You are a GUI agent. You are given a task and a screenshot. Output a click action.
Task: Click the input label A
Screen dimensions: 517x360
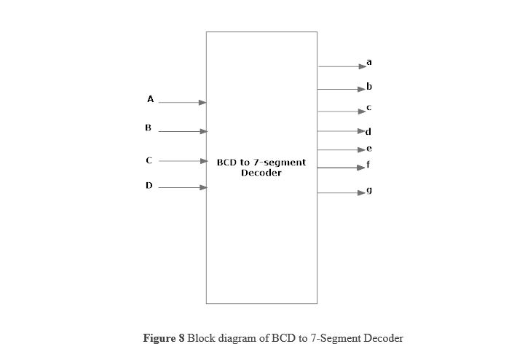point(150,99)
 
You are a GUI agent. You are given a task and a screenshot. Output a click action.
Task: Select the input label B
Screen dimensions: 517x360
point(148,128)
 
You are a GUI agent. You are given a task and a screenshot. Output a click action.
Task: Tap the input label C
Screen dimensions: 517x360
point(149,160)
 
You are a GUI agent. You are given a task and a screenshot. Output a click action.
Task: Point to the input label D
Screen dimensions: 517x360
point(149,185)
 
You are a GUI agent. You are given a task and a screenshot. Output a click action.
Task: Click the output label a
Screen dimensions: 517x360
point(369,62)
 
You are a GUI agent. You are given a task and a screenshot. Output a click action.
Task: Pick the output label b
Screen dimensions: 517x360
point(369,87)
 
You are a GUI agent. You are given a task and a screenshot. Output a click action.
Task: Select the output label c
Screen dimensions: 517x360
point(368,108)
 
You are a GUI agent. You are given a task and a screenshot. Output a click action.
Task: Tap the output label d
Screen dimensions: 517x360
point(368,132)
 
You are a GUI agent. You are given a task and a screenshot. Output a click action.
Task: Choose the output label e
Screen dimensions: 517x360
point(369,149)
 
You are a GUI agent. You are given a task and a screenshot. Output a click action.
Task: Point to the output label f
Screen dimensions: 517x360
point(368,164)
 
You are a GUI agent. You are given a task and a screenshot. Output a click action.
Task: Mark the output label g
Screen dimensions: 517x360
point(369,190)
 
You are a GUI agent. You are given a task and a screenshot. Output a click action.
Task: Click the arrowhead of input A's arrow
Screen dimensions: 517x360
point(202,103)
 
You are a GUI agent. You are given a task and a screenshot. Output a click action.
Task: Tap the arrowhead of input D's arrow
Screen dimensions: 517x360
point(203,187)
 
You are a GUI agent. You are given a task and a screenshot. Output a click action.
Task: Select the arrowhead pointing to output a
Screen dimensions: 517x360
point(363,66)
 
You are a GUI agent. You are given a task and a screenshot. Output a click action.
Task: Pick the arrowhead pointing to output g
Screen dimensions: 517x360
point(361,192)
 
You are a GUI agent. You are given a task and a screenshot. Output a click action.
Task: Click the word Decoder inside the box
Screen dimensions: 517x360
point(261,173)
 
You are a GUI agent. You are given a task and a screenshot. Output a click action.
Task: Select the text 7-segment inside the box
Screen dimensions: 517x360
point(280,163)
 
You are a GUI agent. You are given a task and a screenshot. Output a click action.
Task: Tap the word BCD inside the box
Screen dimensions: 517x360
point(225,163)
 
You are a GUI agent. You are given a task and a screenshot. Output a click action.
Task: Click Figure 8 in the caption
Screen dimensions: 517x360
point(164,339)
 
